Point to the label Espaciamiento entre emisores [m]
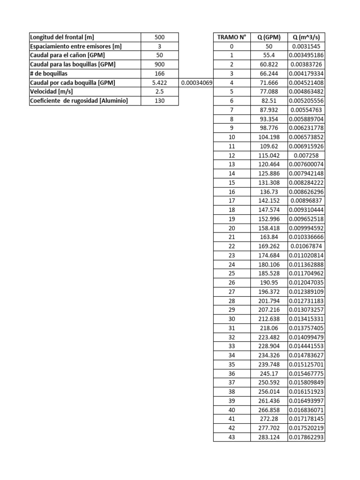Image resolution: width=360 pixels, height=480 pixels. coord(75,46)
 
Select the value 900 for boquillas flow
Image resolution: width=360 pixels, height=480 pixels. coord(159,65)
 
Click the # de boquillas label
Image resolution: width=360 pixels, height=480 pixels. coord(48,74)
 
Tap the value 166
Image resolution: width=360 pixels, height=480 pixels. coord(159,74)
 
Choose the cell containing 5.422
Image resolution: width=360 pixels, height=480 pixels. coord(159,83)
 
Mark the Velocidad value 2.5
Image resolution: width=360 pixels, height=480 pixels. coord(159,92)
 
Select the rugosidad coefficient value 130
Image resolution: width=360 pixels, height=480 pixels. coord(159,101)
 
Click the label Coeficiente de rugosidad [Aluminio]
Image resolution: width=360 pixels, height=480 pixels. coord(79,101)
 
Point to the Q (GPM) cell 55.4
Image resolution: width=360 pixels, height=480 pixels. coord(269,55)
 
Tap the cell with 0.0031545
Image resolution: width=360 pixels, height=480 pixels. coord(306,46)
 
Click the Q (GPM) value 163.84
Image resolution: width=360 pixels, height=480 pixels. coord(269,237)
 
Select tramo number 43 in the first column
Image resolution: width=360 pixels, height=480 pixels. coord(231,437)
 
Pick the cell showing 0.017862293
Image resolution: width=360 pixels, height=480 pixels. coord(306,437)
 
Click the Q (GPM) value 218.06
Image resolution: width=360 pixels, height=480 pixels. coord(269,328)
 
